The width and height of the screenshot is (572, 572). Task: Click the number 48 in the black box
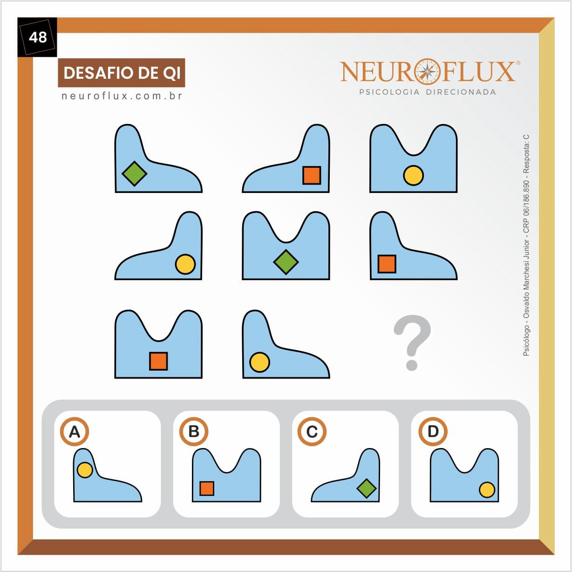37,37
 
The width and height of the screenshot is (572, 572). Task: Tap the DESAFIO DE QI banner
122,73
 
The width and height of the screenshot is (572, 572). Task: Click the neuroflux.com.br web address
122,96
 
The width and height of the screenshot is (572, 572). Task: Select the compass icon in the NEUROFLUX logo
427,71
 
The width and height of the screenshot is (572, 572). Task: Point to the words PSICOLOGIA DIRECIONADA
427,92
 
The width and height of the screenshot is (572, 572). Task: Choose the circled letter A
75,432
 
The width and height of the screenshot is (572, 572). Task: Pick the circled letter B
194,432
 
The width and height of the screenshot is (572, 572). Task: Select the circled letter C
312,432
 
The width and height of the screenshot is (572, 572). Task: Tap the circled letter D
433,432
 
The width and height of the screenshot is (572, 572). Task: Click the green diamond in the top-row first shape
134,173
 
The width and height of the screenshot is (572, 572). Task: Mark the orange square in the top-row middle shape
312,175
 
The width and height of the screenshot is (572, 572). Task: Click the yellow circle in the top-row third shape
413,176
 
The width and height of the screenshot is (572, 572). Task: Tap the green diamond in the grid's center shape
286,262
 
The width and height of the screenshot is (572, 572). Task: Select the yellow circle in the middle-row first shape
185,264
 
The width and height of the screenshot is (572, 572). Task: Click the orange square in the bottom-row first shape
158,361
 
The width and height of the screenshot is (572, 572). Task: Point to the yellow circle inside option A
85,470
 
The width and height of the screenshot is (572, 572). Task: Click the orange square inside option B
207,488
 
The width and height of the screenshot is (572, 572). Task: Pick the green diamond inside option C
367,488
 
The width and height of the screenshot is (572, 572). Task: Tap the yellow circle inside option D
487,490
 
